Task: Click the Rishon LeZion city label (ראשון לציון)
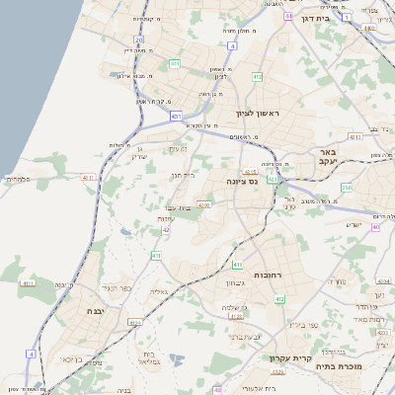point(258,114)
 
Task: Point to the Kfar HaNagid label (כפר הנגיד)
point(117,288)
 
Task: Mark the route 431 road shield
point(176,116)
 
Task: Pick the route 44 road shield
point(287,17)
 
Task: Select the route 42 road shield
point(167,229)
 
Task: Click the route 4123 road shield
point(135,322)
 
